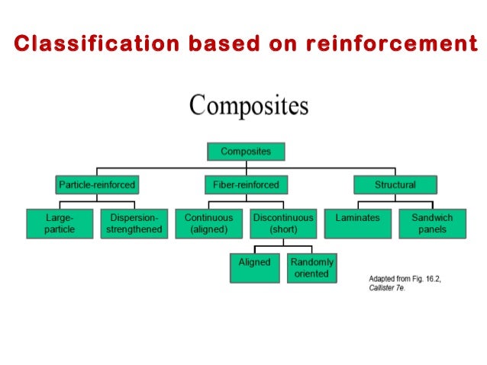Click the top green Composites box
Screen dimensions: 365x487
(x=245, y=151)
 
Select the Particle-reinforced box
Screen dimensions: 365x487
(x=96, y=184)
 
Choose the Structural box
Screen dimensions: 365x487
(x=395, y=184)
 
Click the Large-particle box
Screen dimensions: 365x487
(x=60, y=223)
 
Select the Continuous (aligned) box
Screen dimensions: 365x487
(x=208, y=223)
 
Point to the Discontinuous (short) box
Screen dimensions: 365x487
(x=282, y=223)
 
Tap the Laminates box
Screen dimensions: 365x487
(x=357, y=223)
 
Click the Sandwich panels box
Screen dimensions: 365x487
(x=432, y=223)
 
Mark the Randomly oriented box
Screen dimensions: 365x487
(x=311, y=267)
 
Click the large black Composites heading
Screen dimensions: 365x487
(x=248, y=105)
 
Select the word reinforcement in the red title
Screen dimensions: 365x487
(x=392, y=43)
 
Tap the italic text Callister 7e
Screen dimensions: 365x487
(x=386, y=288)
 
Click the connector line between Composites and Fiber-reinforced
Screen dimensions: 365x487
(x=244, y=168)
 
